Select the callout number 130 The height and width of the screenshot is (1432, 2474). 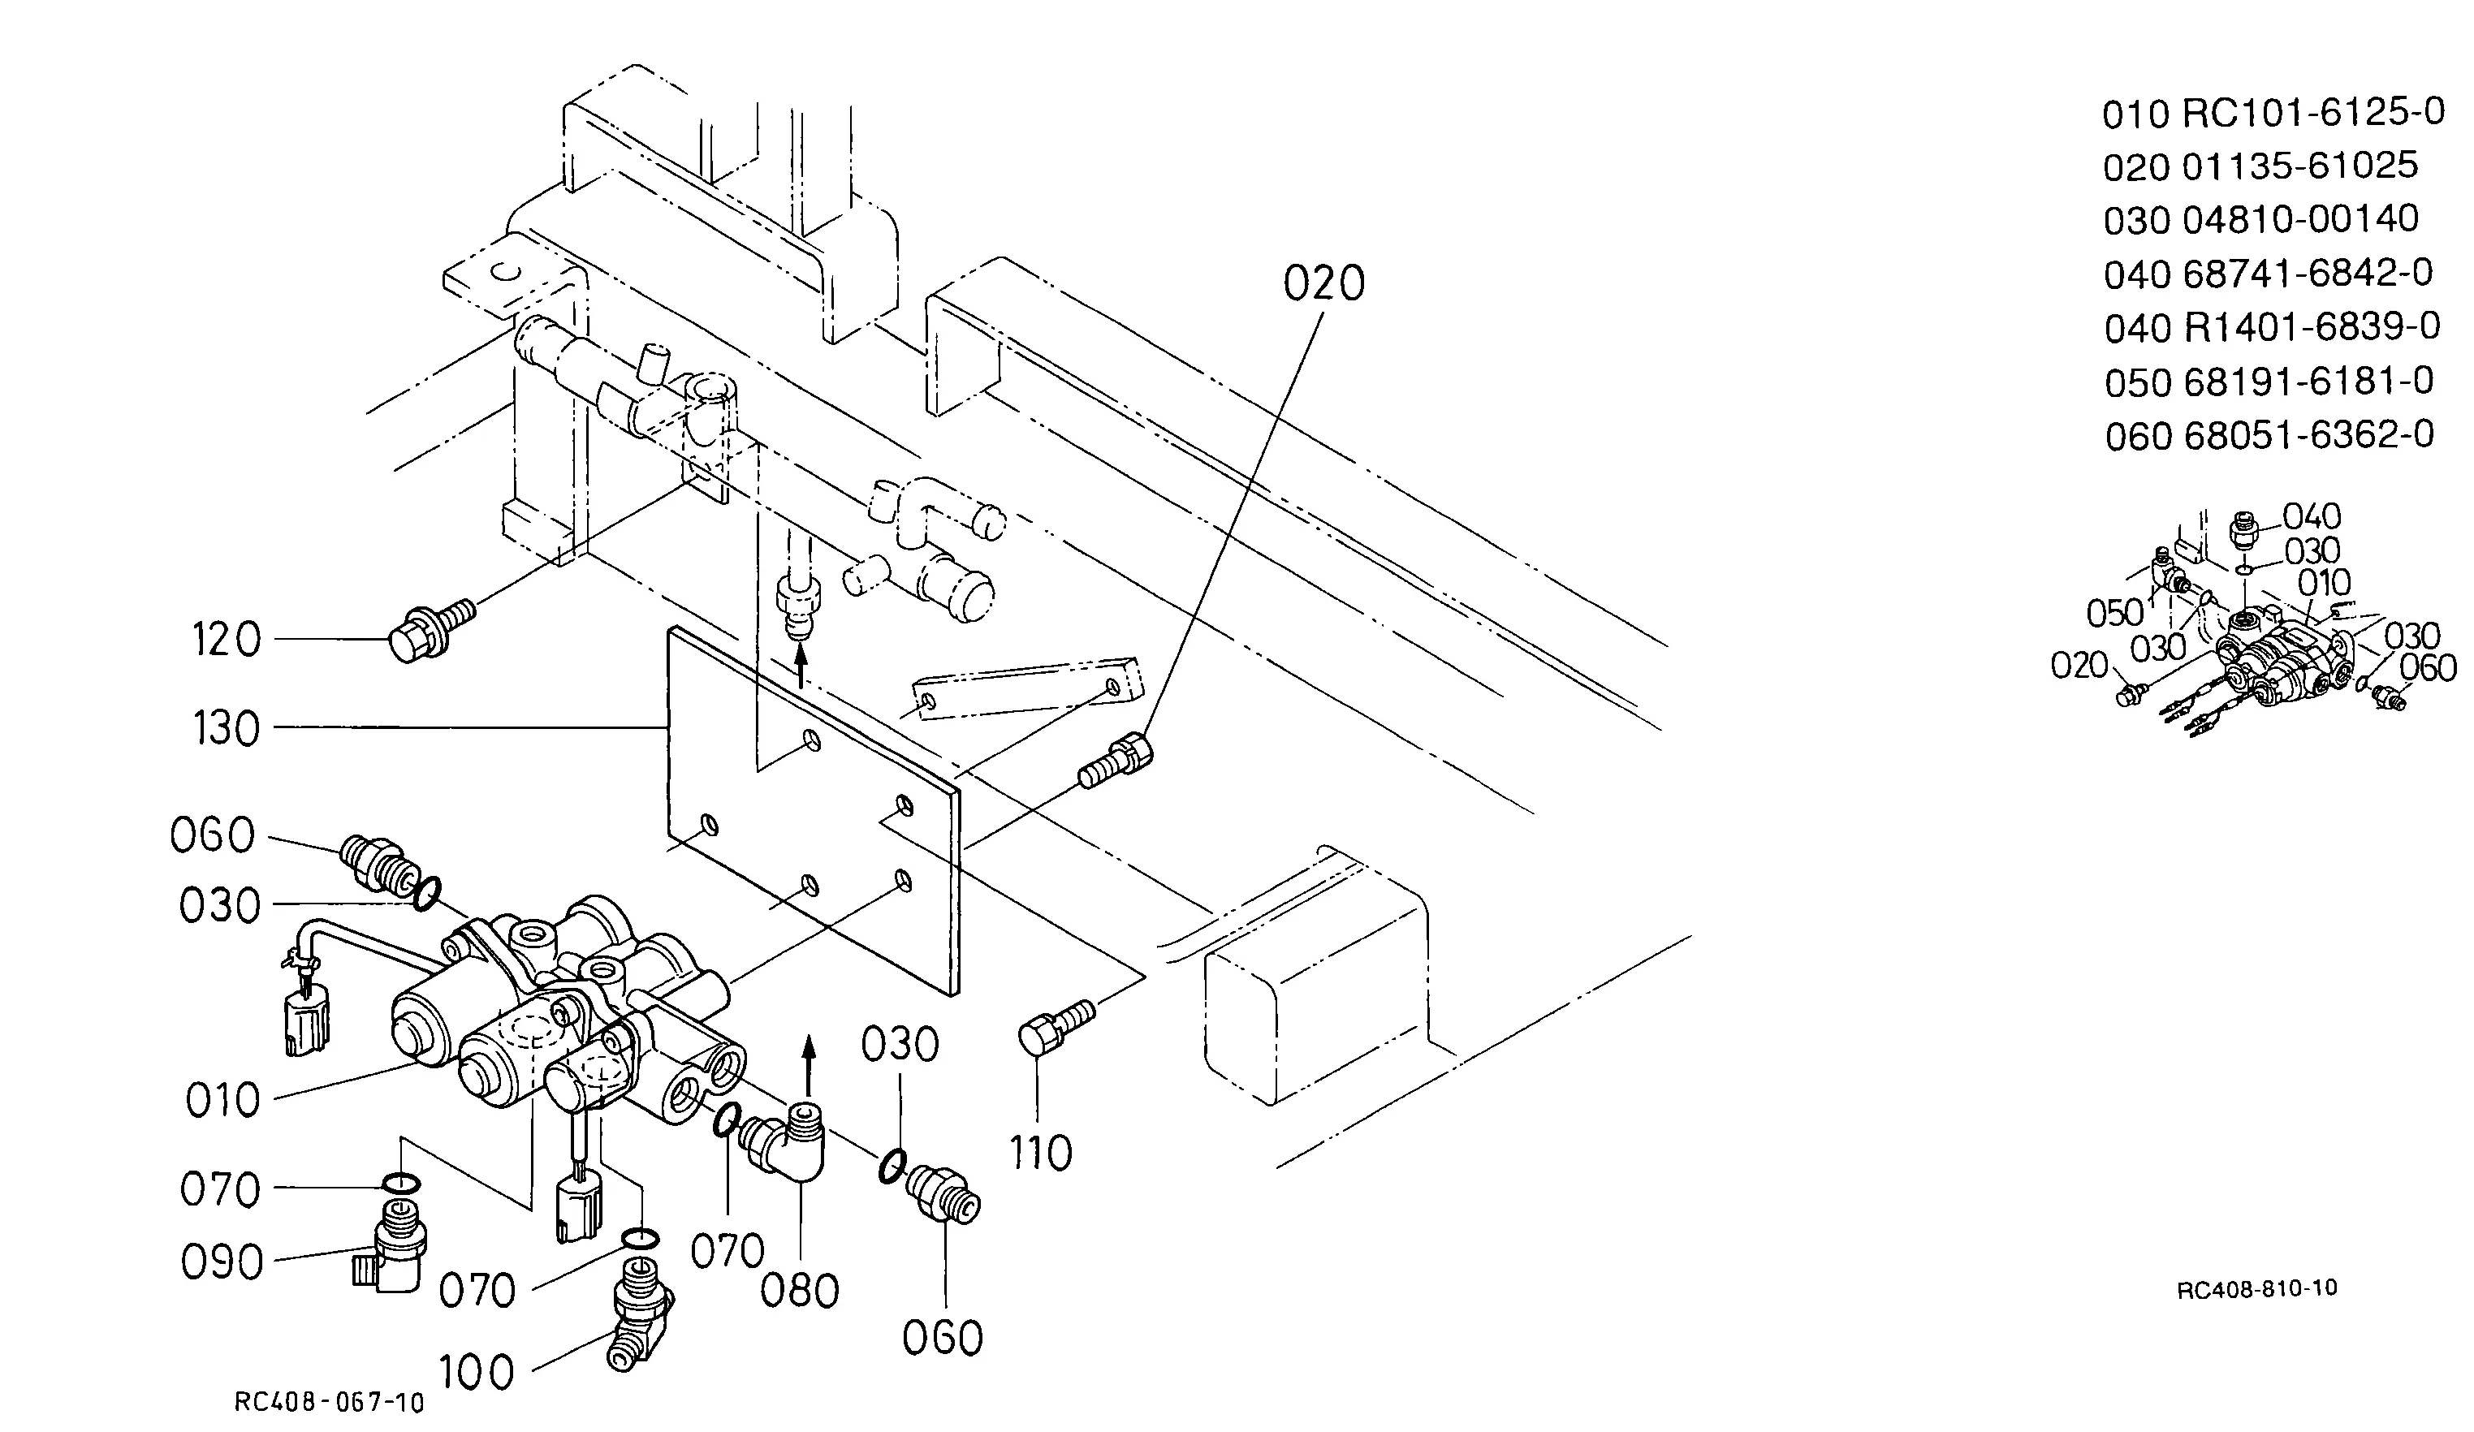(x=227, y=729)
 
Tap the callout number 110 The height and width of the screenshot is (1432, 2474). (x=1041, y=1154)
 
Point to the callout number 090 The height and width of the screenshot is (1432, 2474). (x=222, y=1262)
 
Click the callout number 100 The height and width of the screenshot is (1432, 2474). (x=476, y=1372)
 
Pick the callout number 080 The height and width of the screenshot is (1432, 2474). (x=800, y=1291)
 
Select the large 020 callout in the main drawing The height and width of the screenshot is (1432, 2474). (x=1324, y=283)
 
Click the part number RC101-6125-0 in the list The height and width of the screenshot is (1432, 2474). (x=2313, y=114)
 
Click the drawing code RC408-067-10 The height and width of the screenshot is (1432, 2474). (x=330, y=1403)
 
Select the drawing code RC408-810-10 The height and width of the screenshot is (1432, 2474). (x=2257, y=1288)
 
